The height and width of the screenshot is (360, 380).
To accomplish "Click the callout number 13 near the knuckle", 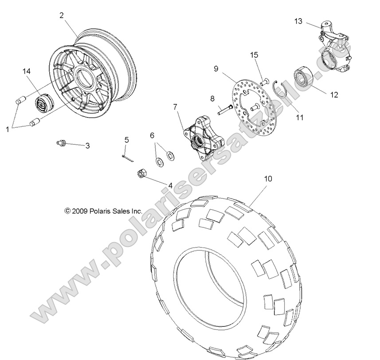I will tap(298, 21).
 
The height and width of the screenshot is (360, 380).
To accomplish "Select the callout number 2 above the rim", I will tap(62, 15).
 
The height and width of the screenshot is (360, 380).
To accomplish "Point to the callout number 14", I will tap(27, 70).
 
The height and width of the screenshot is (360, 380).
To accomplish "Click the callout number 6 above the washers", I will tap(152, 135).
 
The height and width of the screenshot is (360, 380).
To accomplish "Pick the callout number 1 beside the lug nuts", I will tap(8, 129).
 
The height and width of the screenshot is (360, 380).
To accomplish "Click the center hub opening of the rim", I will tap(84, 78).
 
